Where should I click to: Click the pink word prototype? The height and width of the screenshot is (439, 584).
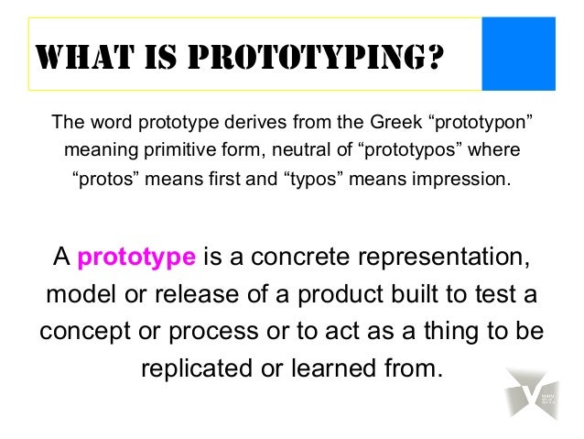[x=136, y=258]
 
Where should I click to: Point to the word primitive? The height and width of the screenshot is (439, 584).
[x=172, y=148]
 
